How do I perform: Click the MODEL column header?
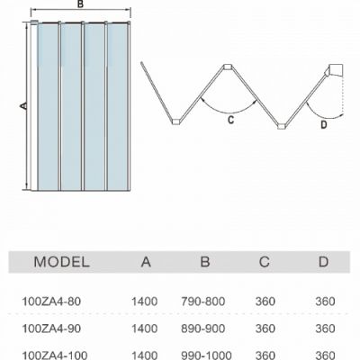coord(62,262)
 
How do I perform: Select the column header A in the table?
coord(146,262)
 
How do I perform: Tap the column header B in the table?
coord(205,262)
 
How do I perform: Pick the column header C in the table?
coord(265,262)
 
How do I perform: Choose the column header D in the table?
coord(323,262)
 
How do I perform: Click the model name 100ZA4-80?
coord(51,301)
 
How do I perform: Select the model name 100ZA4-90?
coord(51,328)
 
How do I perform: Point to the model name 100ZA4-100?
coord(55,355)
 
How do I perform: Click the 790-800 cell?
coord(203,301)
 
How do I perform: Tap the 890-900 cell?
coord(203,328)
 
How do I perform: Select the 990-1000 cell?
coord(206,355)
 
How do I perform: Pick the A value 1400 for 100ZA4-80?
coord(145,301)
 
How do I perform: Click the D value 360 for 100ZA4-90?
coord(325,328)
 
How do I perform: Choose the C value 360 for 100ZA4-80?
coord(265,301)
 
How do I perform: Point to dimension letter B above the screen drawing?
coord(80,4)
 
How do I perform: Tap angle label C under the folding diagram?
coord(230,120)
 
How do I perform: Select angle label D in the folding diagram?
coord(324,124)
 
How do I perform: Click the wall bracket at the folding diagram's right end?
coord(336,70)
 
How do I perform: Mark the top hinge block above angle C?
coord(228,67)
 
